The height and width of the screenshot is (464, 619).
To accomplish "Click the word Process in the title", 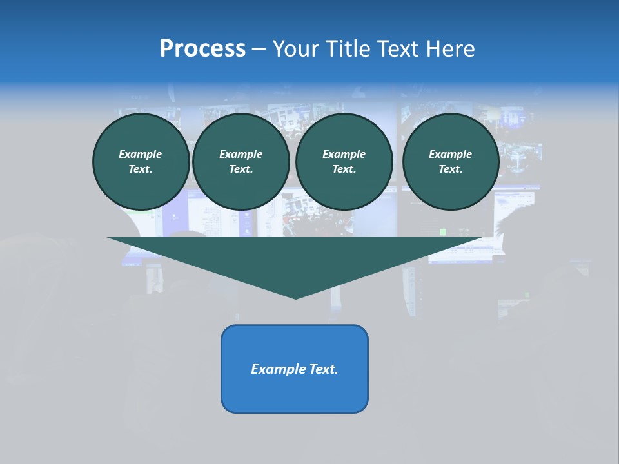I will point(202,49).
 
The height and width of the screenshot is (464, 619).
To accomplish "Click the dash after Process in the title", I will point(259,50).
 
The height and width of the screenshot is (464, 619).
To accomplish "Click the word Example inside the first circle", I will point(141,154).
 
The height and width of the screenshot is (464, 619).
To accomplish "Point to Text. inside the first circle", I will point(141,169).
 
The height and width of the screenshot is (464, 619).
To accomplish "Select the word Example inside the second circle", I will point(241,154).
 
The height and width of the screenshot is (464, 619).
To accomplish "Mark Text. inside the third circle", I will point(344,169).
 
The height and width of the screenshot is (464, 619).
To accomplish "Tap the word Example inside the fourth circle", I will point(451,154).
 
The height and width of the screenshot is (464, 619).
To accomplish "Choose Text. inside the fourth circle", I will point(451,169).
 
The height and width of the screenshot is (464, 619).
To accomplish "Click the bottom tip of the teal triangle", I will point(296,297).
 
